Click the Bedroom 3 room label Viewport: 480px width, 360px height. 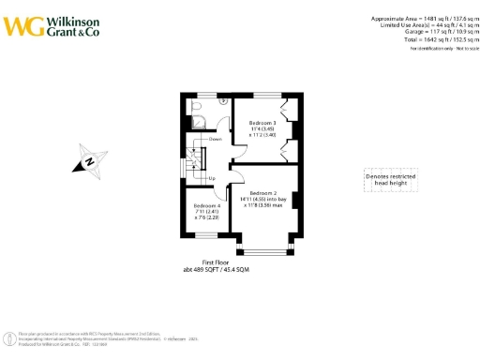pyautogui.click(x=262, y=123)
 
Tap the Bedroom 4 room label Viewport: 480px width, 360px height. pyautogui.click(x=206, y=205)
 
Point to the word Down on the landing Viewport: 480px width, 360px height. pyautogui.click(x=216, y=139)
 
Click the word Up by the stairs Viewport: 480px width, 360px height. pyautogui.click(x=213, y=178)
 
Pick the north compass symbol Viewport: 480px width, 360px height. pyautogui.click(x=89, y=161)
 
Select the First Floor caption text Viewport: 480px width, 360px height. pyautogui.click(x=217, y=263)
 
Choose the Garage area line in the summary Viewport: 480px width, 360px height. pyautogui.click(x=432, y=33)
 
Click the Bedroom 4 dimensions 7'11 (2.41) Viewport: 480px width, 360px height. pyautogui.click(x=206, y=212)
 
